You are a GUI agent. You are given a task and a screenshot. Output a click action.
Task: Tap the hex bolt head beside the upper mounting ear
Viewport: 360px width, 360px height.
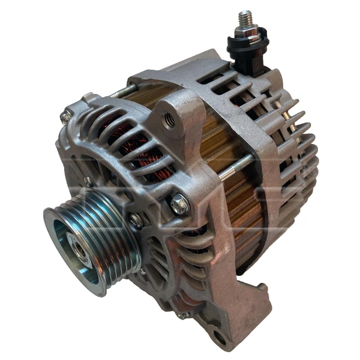coord(179,205)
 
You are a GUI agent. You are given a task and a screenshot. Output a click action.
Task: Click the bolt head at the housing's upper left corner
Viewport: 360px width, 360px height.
coord(65,116)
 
